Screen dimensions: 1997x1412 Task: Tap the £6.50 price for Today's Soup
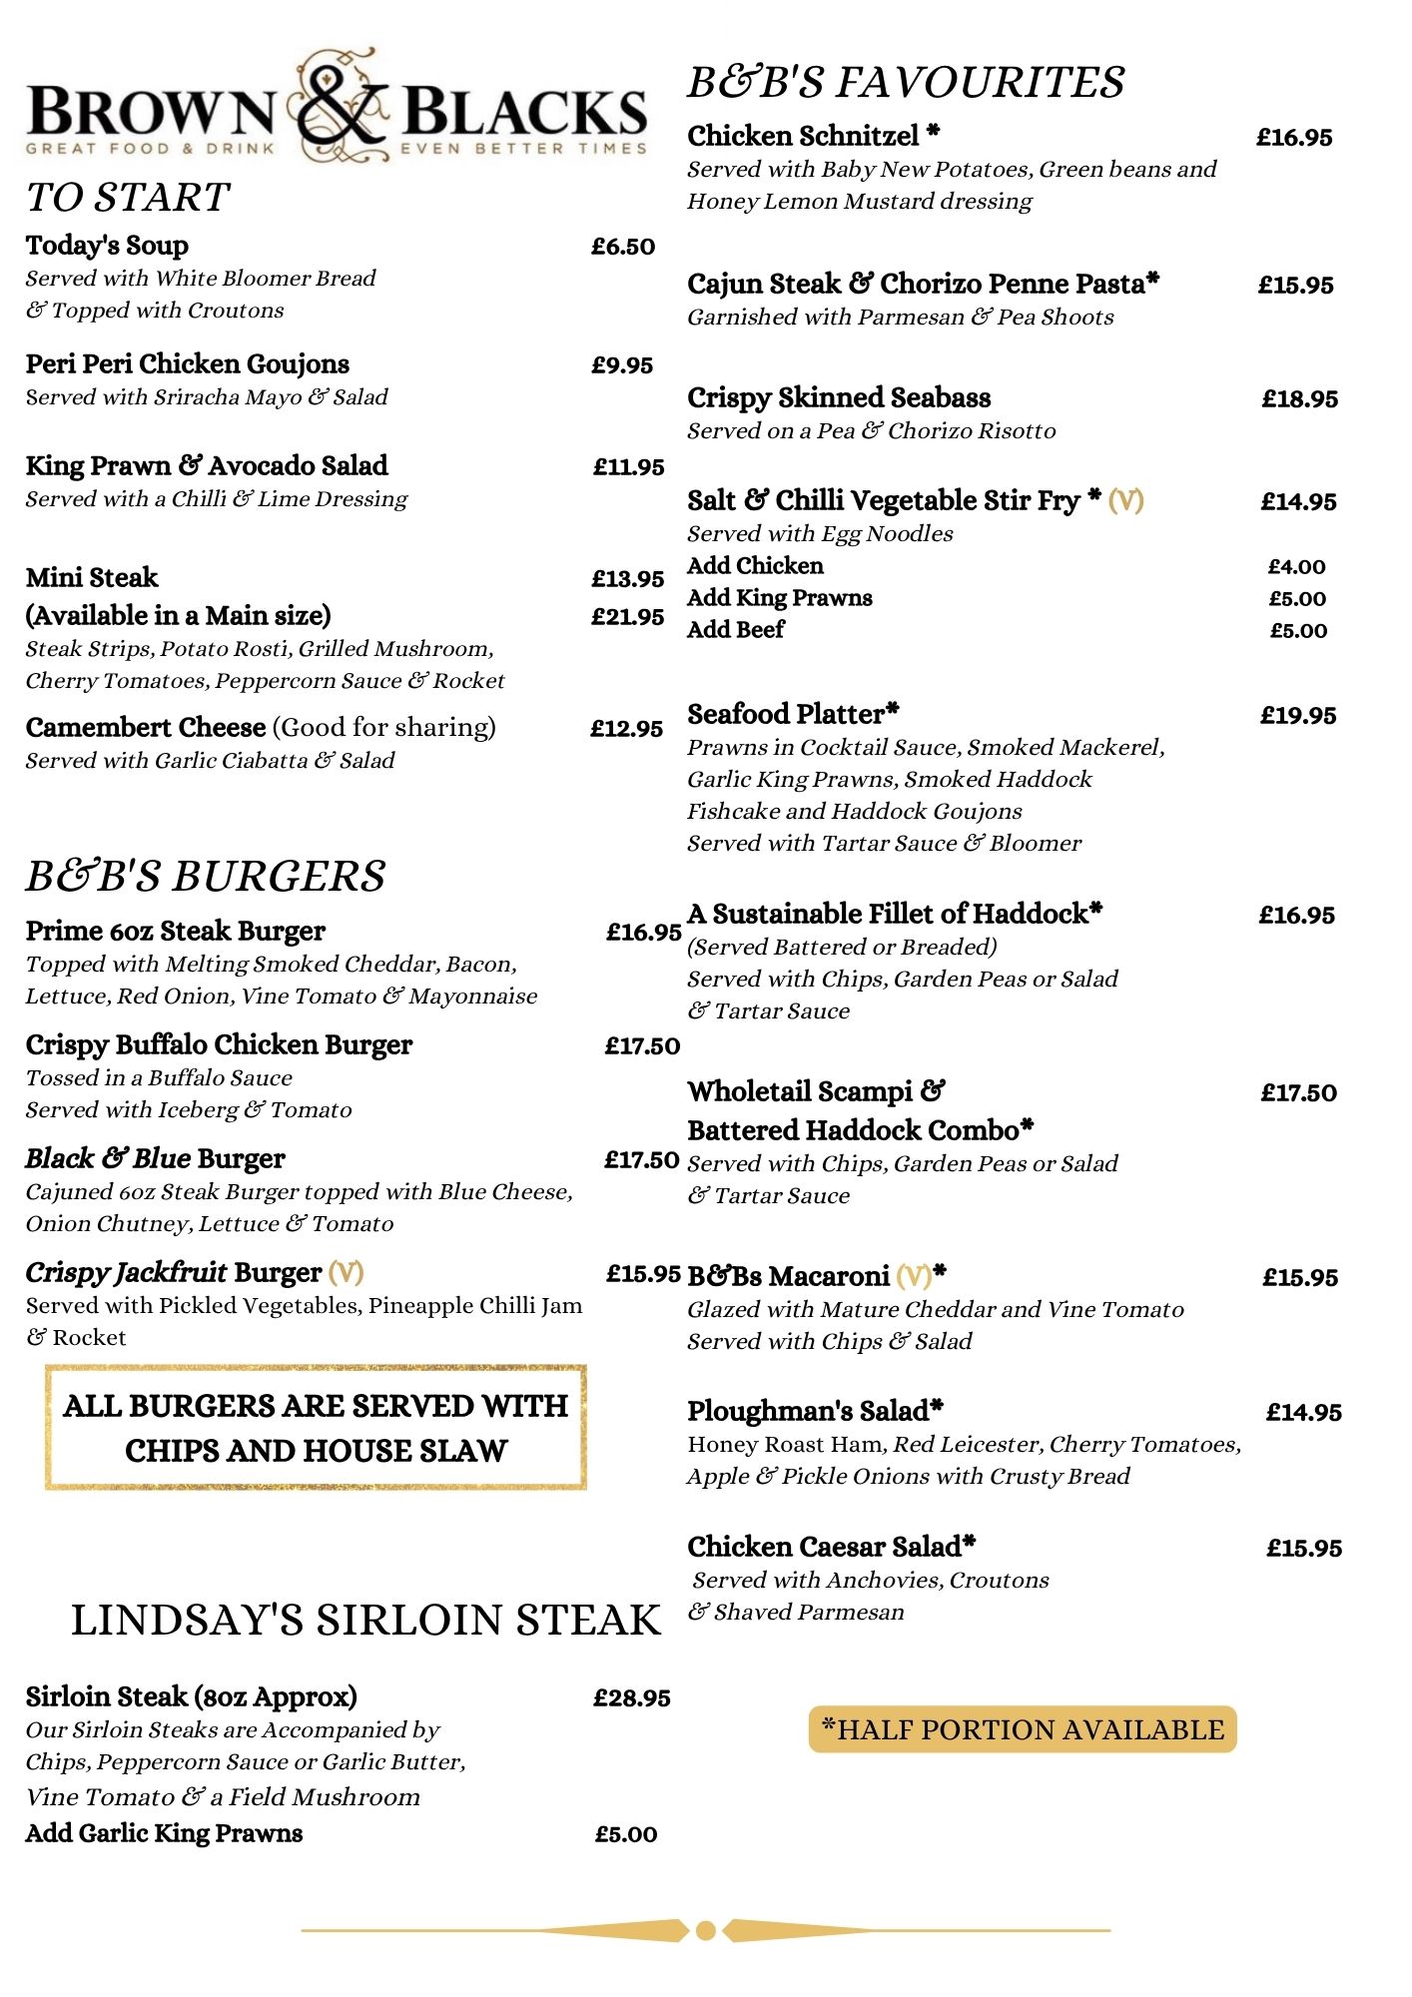pyautogui.click(x=623, y=247)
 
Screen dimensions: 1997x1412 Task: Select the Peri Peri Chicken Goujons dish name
pyautogui.click(x=188, y=364)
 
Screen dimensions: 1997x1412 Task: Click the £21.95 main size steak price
pyautogui.click(x=627, y=617)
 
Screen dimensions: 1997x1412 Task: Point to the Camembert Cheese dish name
pyautogui.click(x=146, y=728)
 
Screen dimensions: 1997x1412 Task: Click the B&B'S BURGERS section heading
pyautogui.click(x=206, y=877)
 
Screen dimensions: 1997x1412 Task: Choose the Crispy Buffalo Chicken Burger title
pyautogui.click(x=219, y=1045)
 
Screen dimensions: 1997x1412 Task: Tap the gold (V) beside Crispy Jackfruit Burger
pyautogui.click(x=346, y=1273)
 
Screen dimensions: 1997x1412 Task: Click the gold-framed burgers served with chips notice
pyautogui.click(x=316, y=1428)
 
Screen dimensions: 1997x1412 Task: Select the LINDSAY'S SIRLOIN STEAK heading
pyautogui.click(x=365, y=1621)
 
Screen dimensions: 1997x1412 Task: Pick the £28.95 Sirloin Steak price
pyautogui.click(x=631, y=1698)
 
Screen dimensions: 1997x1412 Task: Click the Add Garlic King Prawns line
pyautogui.click(x=164, y=1834)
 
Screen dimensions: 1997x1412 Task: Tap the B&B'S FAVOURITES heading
pyautogui.click(x=906, y=82)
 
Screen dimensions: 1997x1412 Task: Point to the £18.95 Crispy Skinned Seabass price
pyautogui.click(x=1299, y=399)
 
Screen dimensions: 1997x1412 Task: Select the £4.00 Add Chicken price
pyautogui.click(x=1296, y=567)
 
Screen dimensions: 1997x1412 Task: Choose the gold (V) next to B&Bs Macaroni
pyautogui.click(x=914, y=1277)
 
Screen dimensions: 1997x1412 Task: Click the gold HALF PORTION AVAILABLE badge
pyautogui.click(x=1023, y=1730)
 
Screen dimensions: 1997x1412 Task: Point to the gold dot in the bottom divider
pyautogui.click(x=705, y=1930)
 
